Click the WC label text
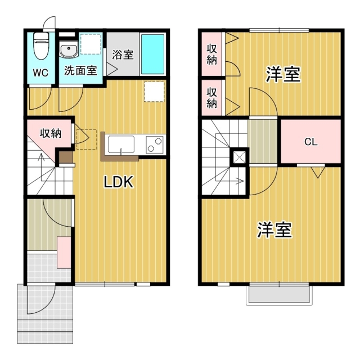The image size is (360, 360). [40, 72]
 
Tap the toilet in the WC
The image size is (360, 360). [40, 46]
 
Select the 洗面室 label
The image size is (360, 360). [80, 71]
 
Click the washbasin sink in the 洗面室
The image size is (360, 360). [68, 49]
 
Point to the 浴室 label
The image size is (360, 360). [123, 55]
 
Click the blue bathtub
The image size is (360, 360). [152, 53]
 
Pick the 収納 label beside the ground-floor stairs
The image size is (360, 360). [50, 134]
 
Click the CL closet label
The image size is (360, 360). [311, 142]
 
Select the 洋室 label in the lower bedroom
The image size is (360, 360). [274, 230]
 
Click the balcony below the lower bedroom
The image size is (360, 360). [280, 296]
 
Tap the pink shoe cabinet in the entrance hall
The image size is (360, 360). [64, 252]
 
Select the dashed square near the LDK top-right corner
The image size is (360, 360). [154, 92]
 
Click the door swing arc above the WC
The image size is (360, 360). [49, 24]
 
